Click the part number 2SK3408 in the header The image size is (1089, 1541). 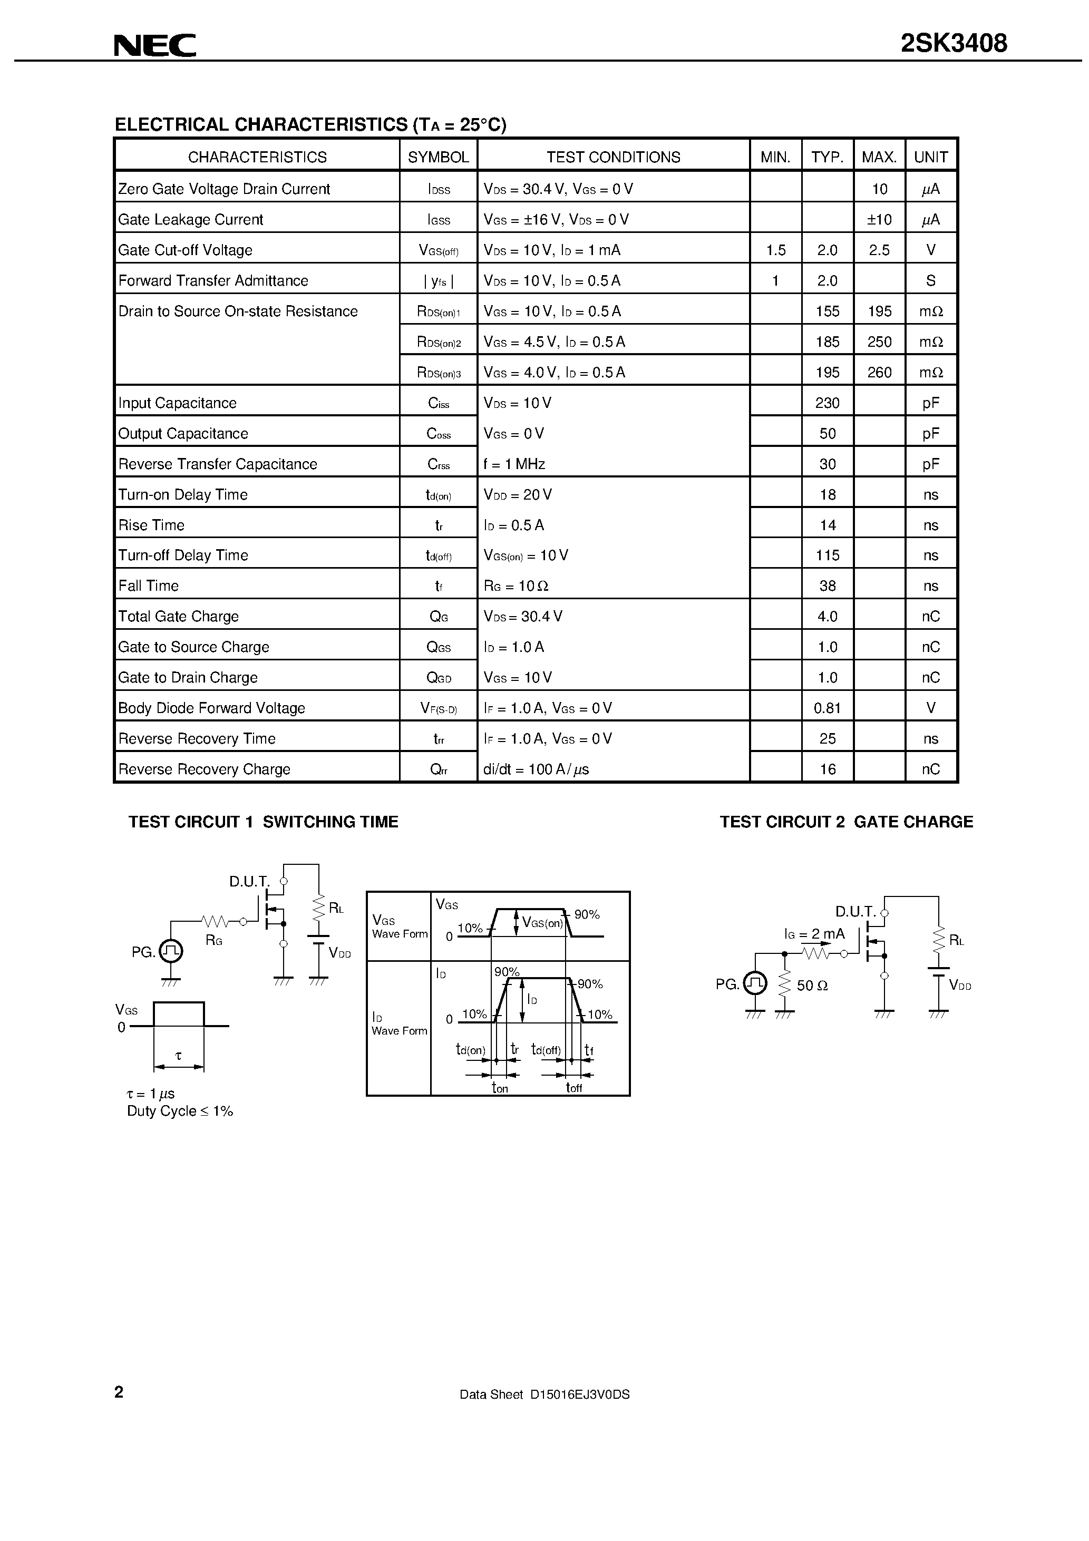[954, 44]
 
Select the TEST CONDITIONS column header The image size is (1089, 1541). [613, 157]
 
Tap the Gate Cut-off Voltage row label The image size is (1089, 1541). [186, 250]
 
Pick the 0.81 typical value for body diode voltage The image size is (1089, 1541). [827, 708]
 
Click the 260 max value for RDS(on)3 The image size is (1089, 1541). [879, 373]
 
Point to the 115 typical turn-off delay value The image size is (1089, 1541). [827, 555]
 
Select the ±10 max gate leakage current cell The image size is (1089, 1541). [879, 219]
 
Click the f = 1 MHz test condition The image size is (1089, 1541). [514, 464]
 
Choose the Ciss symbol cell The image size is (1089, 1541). [439, 403]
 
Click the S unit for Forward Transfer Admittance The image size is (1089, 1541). [930, 280]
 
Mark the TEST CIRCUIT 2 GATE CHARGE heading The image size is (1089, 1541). [846, 822]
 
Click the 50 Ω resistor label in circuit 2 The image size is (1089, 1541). [812, 986]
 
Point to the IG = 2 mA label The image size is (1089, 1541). [814, 933]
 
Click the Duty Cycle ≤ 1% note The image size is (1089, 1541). [180, 1111]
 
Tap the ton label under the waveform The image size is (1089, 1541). [500, 1088]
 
